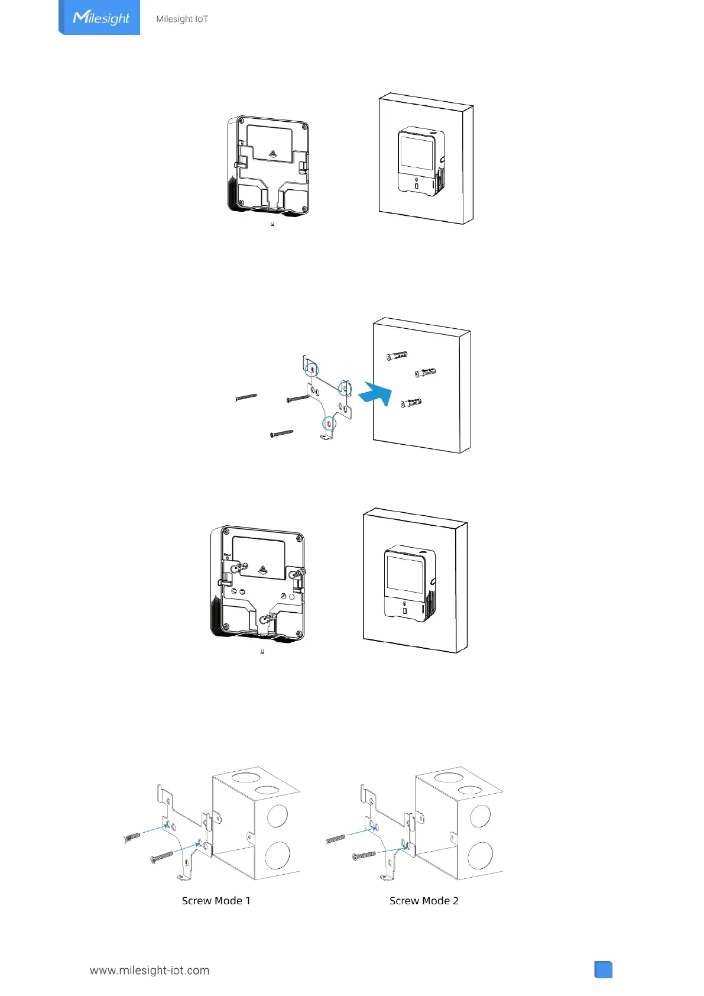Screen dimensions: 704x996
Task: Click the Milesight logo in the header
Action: [x=100, y=18]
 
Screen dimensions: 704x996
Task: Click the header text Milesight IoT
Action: [x=182, y=19]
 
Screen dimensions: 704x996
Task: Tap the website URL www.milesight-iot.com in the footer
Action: [x=150, y=971]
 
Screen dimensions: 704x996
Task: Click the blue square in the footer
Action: [x=603, y=970]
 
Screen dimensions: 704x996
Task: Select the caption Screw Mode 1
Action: [x=216, y=901]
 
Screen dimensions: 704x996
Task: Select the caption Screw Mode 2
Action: [x=424, y=901]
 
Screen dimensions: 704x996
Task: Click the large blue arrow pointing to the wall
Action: [x=376, y=393]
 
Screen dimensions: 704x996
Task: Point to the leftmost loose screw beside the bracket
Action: [x=246, y=397]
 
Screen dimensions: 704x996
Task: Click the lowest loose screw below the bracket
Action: [x=281, y=434]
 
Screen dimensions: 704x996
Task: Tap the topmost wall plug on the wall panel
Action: [x=397, y=356]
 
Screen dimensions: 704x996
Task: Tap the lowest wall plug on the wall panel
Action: [x=411, y=403]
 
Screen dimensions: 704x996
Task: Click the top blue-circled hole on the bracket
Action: [x=312, y=369]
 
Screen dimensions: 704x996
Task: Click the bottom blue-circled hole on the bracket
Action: [x=329, y=423]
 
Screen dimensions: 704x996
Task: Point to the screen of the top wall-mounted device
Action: [x=417, y=152]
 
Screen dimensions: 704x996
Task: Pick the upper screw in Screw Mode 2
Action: [x=335, y=839]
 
